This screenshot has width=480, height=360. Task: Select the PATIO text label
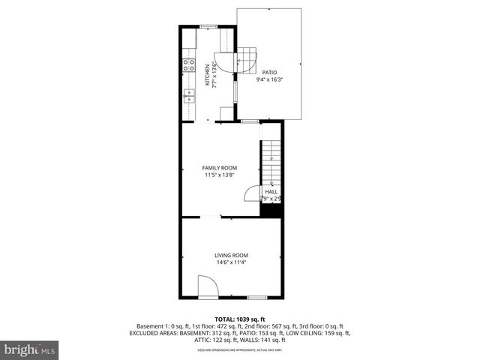click(x=269, y=72)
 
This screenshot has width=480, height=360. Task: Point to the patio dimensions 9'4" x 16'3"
click(x=269, y=79)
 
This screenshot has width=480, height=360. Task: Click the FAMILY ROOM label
click(x=220, y=168)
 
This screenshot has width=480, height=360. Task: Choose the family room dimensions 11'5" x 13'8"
click(x=220, y=175)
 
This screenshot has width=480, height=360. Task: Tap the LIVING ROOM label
click(x=231, y=256)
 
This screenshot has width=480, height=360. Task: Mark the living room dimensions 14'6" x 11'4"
click(x=231, y=262)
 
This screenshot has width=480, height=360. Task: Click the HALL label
click(x=271, y=192)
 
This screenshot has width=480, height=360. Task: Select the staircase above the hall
click(x=270, y=161)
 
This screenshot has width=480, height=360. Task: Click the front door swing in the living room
click(x=207, y=286)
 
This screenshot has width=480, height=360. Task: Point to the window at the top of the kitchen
click(x=208, y=26)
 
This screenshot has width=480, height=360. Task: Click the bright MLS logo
click(x=30, y=349)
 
